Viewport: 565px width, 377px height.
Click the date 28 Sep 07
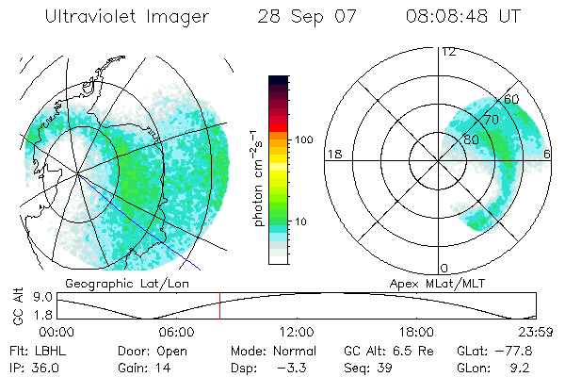pos(300,17)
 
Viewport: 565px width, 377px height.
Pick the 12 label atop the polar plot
pos(449,51)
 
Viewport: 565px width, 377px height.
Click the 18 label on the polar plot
pos(333,154)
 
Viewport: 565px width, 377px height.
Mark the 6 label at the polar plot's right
pos(548,154)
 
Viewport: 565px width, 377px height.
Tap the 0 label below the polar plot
pos(444,269)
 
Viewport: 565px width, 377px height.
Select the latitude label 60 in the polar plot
pos(512,99)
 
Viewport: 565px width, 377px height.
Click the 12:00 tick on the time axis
pos(297,332)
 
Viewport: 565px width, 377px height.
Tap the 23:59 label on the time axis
pos(537,332)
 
